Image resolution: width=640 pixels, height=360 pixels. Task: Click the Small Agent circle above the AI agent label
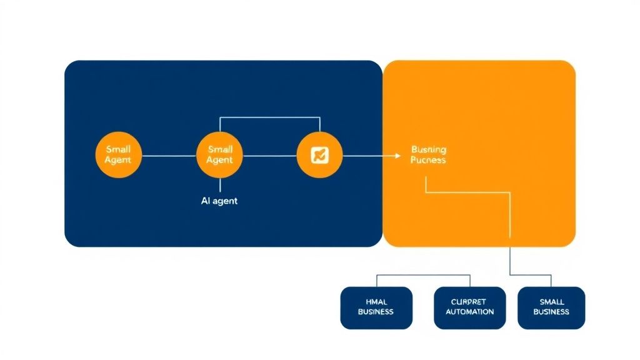(220, 155)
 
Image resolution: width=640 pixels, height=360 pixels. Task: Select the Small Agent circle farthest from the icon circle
(119, 155)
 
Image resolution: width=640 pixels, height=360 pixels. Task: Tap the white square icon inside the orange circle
(319, 155)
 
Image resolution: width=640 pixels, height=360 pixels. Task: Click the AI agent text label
(219, 201)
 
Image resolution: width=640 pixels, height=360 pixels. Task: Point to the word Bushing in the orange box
(429, 149)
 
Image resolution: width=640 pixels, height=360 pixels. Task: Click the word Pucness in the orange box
(428, 160)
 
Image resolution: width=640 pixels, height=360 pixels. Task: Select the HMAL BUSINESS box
(376, 307)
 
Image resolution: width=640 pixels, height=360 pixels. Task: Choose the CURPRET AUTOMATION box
(470, 307)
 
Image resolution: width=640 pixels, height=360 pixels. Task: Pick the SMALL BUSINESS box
(551, 307)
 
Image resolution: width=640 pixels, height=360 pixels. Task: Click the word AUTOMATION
(470, 312)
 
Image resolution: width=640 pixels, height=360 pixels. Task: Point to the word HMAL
(376, 302)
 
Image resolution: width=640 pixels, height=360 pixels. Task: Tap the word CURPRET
(470, 302)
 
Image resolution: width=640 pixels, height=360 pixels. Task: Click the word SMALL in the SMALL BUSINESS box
(551, 302)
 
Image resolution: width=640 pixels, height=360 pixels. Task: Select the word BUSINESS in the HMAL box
(376, 312)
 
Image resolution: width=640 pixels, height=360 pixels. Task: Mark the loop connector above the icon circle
(270, 117)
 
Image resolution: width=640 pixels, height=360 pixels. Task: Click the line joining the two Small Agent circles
(169, 155)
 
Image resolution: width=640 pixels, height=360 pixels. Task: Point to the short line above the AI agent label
(220, 186)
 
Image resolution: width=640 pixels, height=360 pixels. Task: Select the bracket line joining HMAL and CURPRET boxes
(423, 274)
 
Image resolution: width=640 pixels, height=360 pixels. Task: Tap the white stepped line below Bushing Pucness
(469, 193)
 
